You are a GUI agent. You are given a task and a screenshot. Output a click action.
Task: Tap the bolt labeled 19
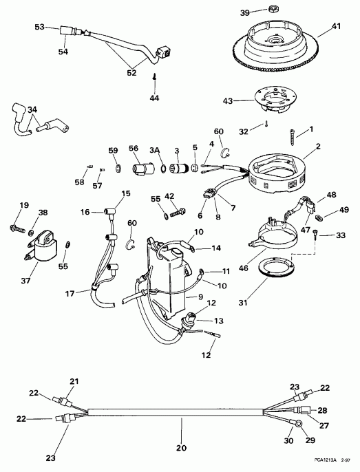click(17, 226)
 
